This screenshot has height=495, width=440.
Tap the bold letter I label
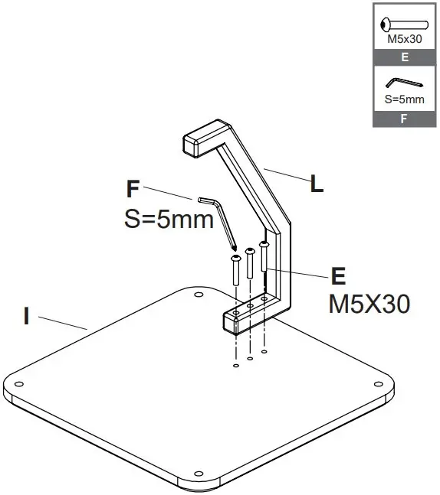coord(26,315)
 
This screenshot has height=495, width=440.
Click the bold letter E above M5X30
coord(337,276)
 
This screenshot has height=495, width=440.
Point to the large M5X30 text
coord(369,304)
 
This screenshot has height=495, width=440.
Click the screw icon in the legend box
coord(404,21)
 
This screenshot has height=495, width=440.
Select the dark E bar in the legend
coord(404,57)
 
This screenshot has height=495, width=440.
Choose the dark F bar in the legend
coord(404,119)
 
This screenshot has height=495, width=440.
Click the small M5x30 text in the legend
coord(404,39)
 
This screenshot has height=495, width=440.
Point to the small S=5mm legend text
coord(404,100)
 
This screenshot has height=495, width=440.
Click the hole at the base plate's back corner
coord(199,294)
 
